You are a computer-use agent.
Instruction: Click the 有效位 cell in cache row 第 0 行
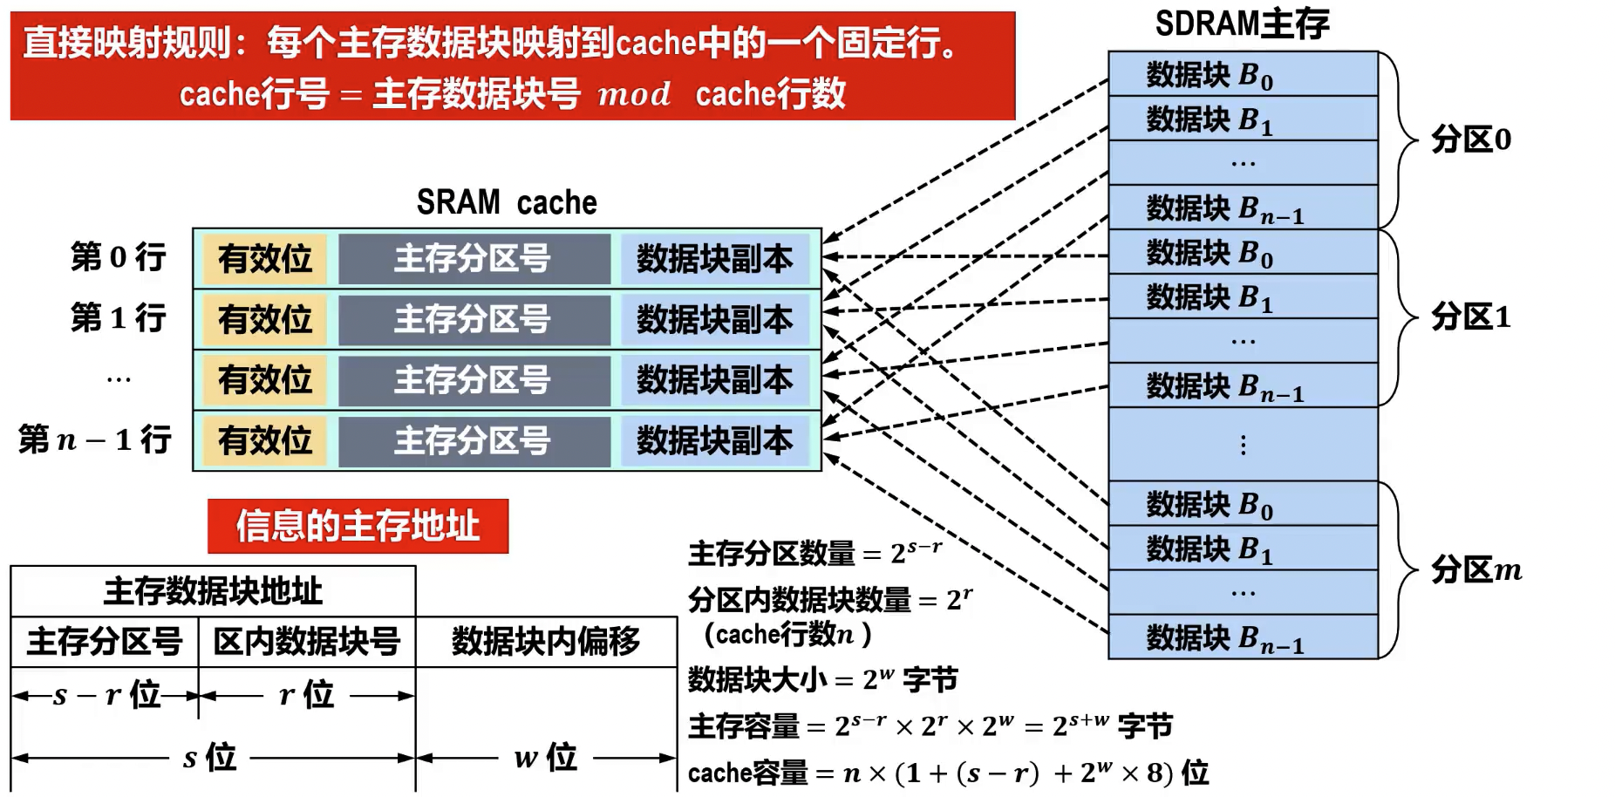[264, 259]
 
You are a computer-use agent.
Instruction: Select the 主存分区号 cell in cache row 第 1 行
[473, 319]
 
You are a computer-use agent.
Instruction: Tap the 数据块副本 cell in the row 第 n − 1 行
[714, 440]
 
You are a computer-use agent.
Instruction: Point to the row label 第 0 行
[119, 257]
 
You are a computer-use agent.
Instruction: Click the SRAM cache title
[507, 203]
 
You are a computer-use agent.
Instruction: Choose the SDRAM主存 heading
[1242, 24]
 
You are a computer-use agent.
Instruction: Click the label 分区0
[1470, 140]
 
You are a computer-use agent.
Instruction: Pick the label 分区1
[1470, 317]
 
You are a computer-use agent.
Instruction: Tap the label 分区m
[1475, 570]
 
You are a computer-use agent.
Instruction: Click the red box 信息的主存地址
[358, 526]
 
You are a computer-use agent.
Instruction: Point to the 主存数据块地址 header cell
[213, 592]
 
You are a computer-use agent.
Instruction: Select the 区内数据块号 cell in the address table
[306, 643]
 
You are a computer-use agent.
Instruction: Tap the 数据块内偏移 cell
[546, 643]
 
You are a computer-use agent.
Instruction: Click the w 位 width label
[546, 757]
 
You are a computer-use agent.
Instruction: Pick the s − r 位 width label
[106, 695]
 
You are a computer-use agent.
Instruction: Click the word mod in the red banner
[634, 94]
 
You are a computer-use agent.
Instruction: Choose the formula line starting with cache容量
[948, 773]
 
